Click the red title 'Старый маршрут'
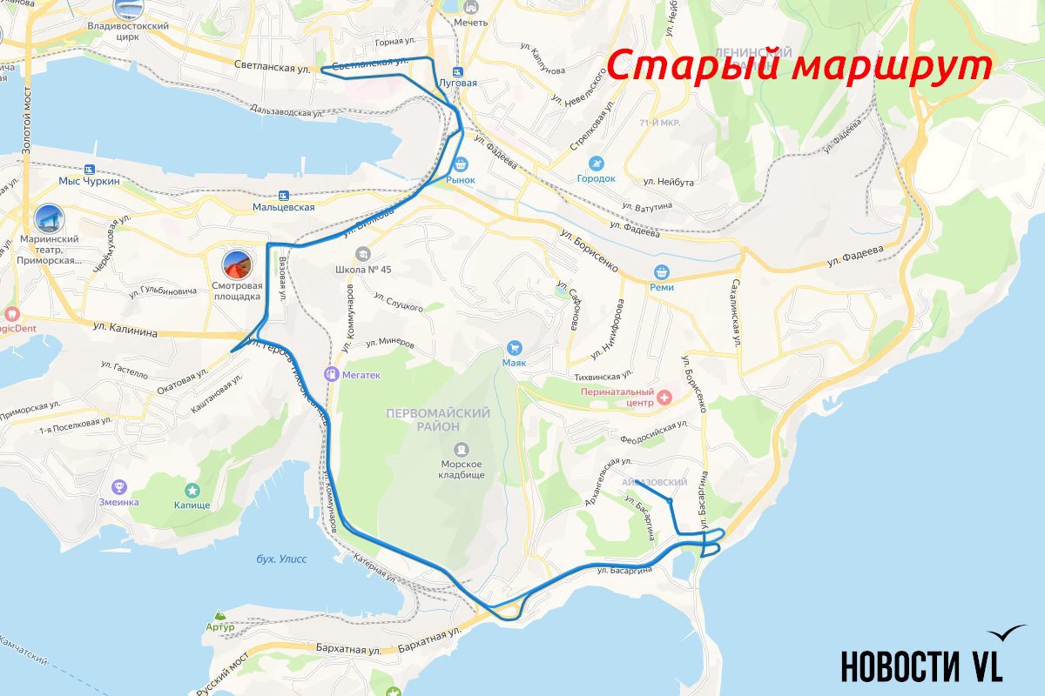pos(799,67)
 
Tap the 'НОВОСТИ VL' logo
pos(921,665)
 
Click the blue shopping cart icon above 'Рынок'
pos(461,163)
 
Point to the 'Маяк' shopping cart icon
pos(514,347)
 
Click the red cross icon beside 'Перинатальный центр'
pos(665,398)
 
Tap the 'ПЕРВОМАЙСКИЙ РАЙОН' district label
pos(438,419)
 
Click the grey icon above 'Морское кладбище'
pos(462,450)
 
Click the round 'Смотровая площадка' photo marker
pos(237,264)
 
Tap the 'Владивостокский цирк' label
pos(128,27)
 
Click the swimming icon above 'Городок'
pos(596,164)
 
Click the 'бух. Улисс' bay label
pos(282,559)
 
